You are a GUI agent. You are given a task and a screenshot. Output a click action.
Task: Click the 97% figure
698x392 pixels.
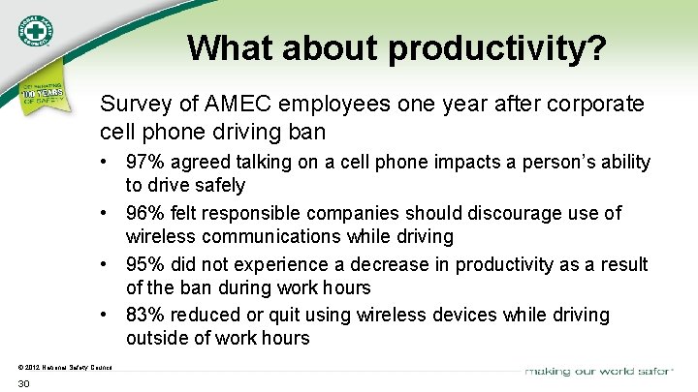(x=143, y=163)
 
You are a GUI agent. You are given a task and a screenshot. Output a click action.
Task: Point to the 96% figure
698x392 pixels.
(x=143, y=213)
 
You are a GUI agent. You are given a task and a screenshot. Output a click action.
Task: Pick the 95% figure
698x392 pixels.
(x=143, y=264)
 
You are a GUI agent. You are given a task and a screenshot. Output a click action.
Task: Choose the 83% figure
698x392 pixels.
(x=143, y=315)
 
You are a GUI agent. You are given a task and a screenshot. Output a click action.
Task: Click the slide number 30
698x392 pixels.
(x=24, y=384)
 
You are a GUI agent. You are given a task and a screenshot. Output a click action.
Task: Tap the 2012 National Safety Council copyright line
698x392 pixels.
(x=65, y=367)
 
